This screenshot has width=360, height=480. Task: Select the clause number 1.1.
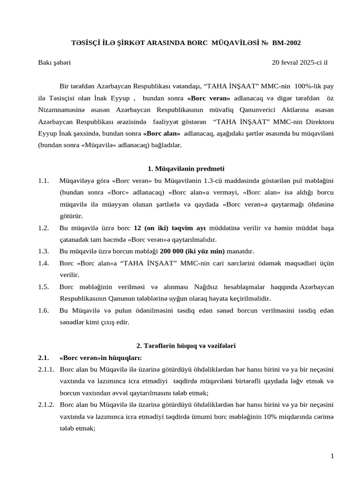(44, 180)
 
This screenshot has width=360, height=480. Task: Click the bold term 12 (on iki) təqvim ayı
(170, 228)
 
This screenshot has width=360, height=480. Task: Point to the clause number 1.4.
(44, 263)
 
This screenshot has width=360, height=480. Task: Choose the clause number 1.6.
(44, 310)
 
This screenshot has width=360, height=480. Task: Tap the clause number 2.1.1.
(46, 369)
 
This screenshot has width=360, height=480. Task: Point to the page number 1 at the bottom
(331, 457)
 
